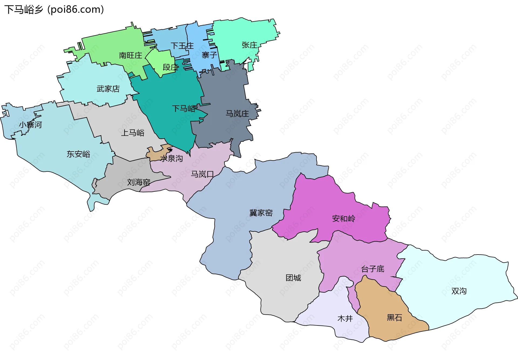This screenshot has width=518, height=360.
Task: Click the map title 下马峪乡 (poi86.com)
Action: click(x=54, y=10)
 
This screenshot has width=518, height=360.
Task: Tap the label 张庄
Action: click(x=249, y=45)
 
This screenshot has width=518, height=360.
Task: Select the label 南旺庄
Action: click(x=131, y=56)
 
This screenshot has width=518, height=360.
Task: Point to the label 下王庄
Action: click(x=182, y=46)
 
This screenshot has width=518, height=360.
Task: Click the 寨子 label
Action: click(x=209, y=55)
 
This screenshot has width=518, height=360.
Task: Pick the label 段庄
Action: click(x=171, y=67)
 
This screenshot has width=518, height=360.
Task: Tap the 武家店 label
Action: click(x=108, y=89)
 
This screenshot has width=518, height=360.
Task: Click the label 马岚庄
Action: click(x=237, y=114)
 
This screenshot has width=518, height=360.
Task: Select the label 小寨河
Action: click(x=30, y=125)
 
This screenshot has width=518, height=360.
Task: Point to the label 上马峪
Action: click(x=132, y=133)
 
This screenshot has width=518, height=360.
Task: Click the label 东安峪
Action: click(x=78, y=154)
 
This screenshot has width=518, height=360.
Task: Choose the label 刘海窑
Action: click(x=139, y=182)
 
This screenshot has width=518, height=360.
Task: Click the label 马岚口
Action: click(x=202, y=174)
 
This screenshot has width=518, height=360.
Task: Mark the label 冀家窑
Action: click(x=261, y=213)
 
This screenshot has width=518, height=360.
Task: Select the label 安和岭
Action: click(x=343, y=218)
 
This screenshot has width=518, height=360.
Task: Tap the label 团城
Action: click(x=293, y=278)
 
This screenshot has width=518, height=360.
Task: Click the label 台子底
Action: click(x=373, y=269)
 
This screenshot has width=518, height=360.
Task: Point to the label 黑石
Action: click(x=394, y=318)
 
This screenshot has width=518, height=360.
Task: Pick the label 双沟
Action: click(x=459, y=291)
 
